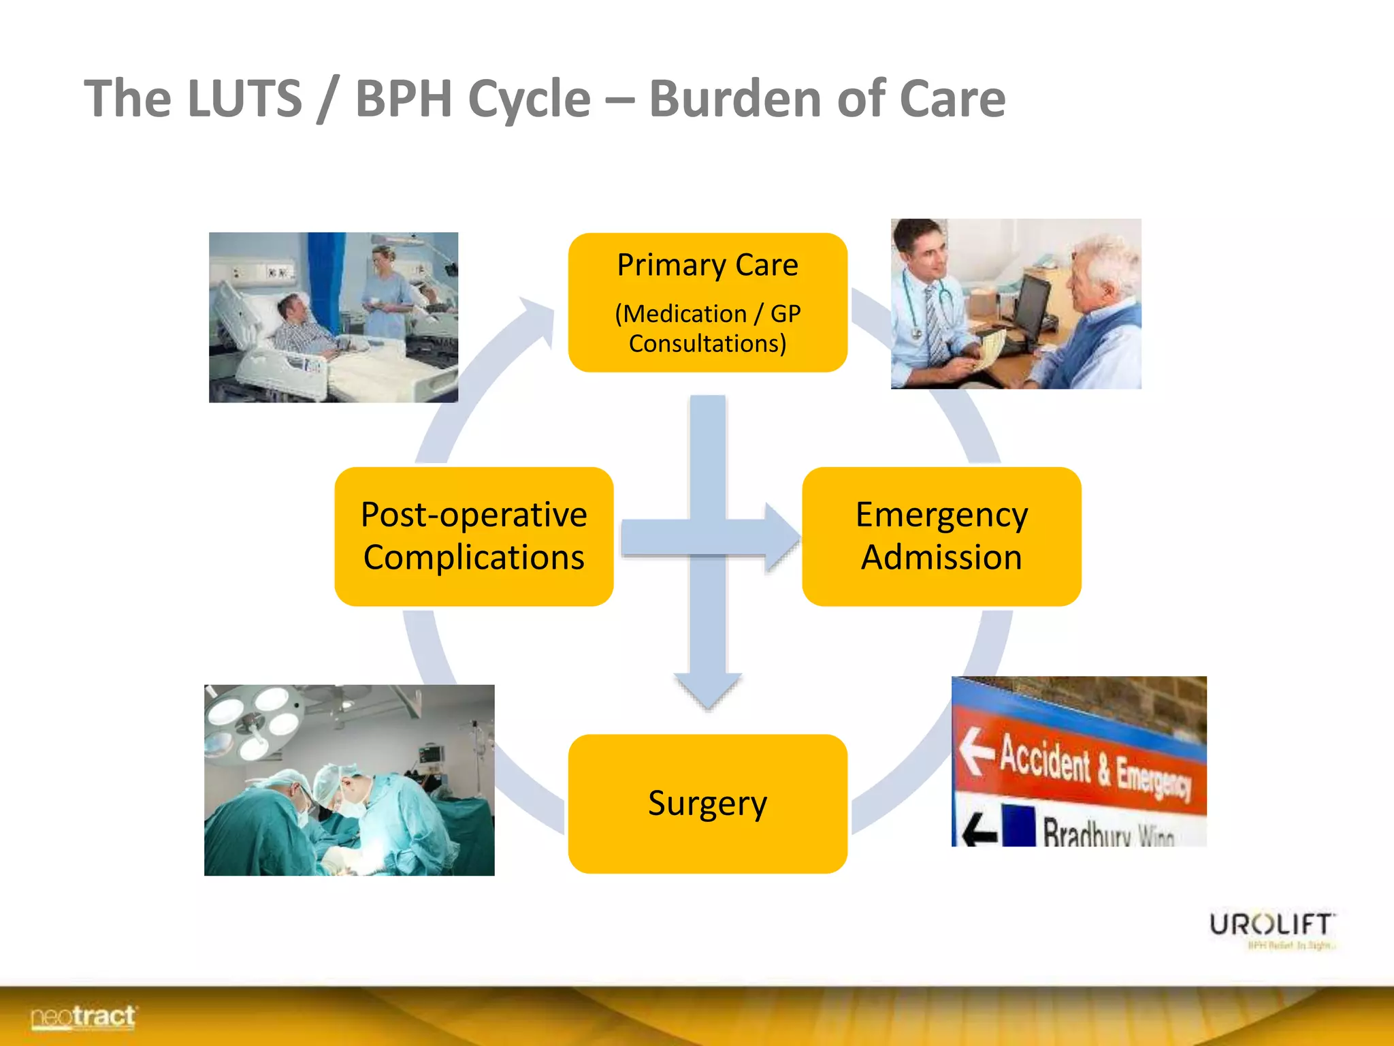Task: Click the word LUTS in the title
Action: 244,99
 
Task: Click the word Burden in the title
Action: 736,99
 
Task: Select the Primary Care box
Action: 707,302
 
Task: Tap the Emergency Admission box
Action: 941,536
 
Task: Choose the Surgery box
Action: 707,804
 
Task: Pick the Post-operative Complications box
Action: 474,536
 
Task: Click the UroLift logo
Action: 1271,926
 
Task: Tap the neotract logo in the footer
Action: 83,1017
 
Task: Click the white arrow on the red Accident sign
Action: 975,750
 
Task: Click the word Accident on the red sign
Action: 1044,759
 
